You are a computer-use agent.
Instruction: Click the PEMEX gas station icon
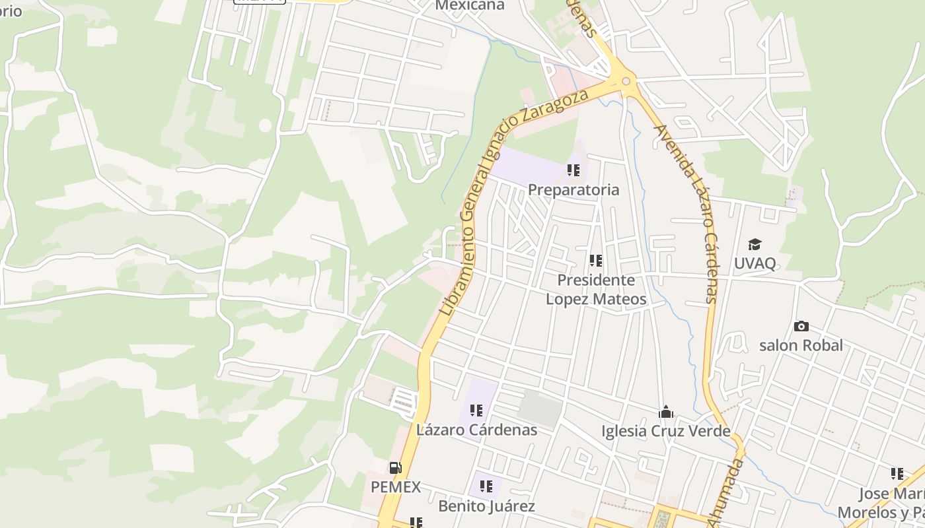(395, 469)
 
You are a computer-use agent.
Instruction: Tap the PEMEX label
(395, 487)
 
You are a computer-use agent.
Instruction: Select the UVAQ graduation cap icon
(755, 245)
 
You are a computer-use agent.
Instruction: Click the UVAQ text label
(755, 263)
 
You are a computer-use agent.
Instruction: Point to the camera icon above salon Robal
(801, 326)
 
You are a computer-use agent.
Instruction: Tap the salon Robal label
(801, 345)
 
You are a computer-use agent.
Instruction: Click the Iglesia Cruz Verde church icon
(665, 412)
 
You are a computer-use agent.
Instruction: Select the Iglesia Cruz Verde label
(665, 432)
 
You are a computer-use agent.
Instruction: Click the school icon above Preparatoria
(573, 171)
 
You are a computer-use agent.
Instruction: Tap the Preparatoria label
(573, 190)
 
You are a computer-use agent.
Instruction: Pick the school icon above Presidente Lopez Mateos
(595, 261)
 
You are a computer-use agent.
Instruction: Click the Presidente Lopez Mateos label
(595, 290)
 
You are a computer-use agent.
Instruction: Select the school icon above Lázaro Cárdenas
(476, 411)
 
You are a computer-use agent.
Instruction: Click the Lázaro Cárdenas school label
(476, 430)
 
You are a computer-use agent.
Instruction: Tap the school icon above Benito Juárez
(486, 487)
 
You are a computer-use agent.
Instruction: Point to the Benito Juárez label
(486, 506)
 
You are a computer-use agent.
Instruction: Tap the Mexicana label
(470, 5)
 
